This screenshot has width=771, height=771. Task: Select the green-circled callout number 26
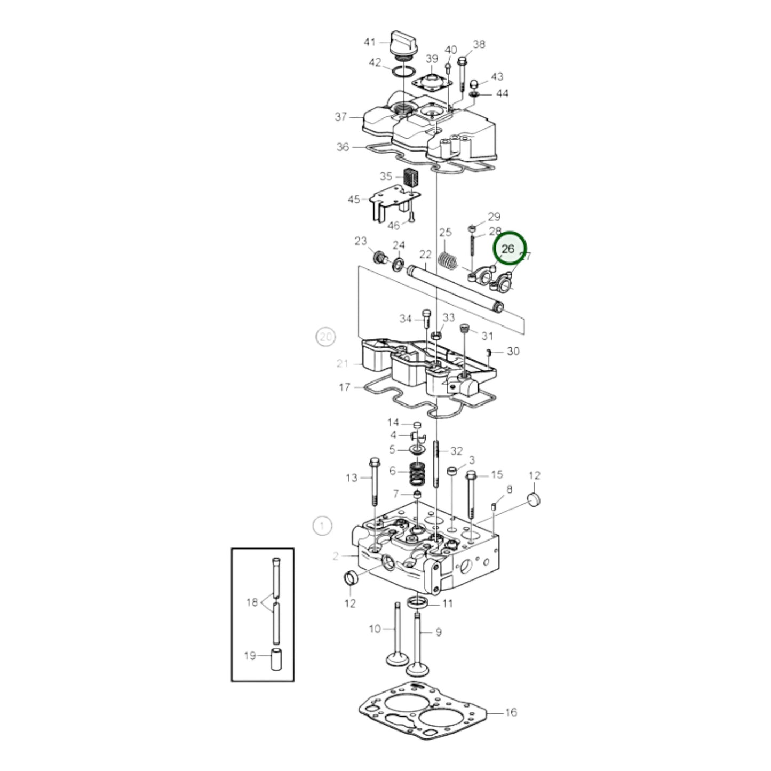tap(508, 249)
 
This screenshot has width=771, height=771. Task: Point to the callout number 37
tap(341, 117)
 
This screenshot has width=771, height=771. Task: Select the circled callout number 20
tap(325, 337)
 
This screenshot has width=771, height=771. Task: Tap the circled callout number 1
tap(322, 526)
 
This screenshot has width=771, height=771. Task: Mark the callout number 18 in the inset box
tap(252, 602)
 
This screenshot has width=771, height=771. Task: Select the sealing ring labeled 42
tap(404, 71)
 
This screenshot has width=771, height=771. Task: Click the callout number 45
tap(354, 200)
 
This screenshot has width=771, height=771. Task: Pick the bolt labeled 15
tap(471, 494)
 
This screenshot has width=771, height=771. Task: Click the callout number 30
tap(513, 351)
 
